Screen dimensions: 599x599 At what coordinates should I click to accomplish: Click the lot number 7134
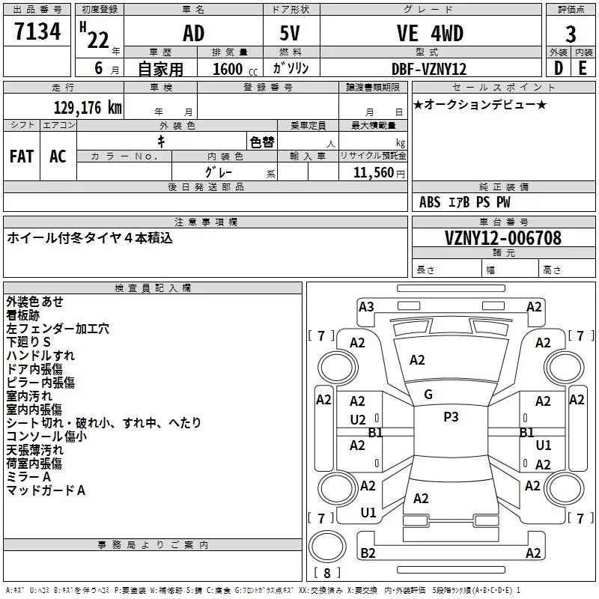point(37,31)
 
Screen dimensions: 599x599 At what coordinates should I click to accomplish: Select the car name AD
point(194,33)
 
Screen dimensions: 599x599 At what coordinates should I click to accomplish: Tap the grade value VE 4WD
point(430,33)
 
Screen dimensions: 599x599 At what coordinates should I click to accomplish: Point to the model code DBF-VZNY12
point(429,69)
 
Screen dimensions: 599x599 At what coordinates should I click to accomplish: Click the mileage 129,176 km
point(88,108)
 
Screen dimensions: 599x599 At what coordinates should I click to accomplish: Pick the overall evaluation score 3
point(571,34)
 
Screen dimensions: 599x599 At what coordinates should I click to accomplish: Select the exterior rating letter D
point(559,68)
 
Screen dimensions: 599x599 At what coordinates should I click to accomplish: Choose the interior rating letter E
point(583,68)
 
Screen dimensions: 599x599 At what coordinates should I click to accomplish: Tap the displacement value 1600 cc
point(235,69)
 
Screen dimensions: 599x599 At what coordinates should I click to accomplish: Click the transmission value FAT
point(22,156)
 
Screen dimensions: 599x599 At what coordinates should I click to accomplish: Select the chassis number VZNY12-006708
point(503,238)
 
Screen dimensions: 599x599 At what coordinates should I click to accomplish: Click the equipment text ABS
point(430,202)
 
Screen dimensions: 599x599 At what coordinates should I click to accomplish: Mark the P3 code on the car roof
point(451,417)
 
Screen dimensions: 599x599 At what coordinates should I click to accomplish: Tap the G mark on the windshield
point(428,395)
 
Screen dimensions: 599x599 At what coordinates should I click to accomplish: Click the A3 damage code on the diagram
point(366,307)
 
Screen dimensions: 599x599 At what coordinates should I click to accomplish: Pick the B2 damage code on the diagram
point(368,553)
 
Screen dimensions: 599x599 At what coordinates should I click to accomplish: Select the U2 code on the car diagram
point(358,420)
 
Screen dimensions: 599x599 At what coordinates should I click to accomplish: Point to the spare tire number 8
point(327,573)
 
